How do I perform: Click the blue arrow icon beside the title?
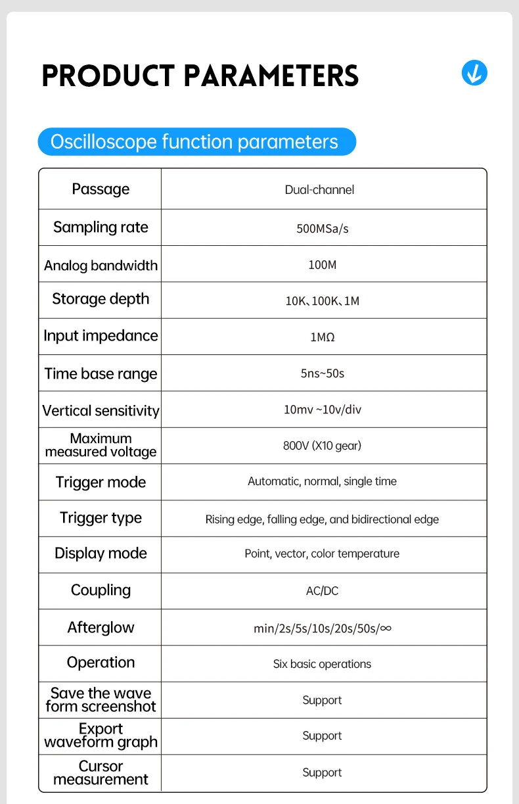[474, 72]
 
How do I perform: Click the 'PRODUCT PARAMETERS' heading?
[200, 76]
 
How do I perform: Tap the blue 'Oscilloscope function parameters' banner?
[196, 142]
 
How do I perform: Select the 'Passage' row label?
[101, 189]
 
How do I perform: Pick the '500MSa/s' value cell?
[323, 229]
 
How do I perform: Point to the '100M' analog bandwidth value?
[323, 265]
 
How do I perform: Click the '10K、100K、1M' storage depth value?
[323, 301]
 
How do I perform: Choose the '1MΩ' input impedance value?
[323, 337]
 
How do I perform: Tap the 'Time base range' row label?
[101, 374]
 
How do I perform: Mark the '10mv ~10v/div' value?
[323, 410]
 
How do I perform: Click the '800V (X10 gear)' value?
[323, 446]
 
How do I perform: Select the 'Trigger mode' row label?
[101, 483]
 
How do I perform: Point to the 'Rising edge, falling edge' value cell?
[323, 519]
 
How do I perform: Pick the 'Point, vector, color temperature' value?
[323, 554]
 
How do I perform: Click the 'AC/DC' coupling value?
[323, 591]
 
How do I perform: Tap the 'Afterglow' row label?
[101, 628]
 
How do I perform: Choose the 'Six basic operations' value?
[323, 664]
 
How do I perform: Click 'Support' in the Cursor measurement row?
[323, 772]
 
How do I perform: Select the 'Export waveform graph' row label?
[101, 736]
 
